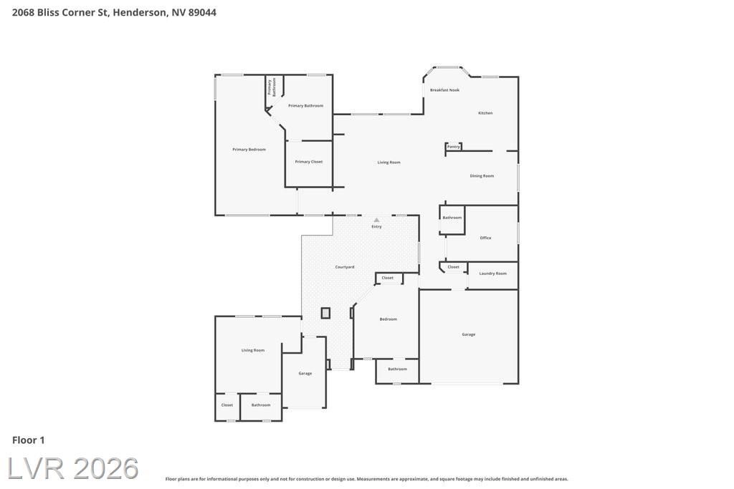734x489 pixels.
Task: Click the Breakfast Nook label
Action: pyautogui.click(x=444, y=89)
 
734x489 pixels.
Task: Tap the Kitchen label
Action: pyautogui.click(x=485, y=113)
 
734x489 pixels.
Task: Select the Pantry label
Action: pyautogui.click(x=453, y=147)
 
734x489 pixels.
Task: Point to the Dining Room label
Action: pyautogui.click(x=482, y=176)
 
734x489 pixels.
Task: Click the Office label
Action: pyautogui.click(x=485, y=238)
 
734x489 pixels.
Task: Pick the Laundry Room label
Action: pyautogui.click(x=493, y=273)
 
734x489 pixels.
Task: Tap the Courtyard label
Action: pyautogui.click(x=345, y=267)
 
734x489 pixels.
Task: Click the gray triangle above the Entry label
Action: pyautogui.click(x=377, y=220)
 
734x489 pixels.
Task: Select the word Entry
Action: pyautogui.click(x=377, y=227)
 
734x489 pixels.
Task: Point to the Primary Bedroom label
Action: pyautogui.click(x=249, y=150)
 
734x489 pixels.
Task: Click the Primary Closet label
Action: pyautogui.click(x=308, y=162)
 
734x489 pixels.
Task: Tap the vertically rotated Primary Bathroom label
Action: pyautogui.click(x=272, y=87)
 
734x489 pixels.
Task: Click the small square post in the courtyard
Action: pyautogui.click(x=326, y=313)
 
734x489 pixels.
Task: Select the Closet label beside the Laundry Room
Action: pyautogui.click(x=453, y=267)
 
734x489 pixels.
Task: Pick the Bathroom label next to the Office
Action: pyautogui.click(x=452, y=218)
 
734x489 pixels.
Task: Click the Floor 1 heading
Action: pyautogui.click(x=28, y=440)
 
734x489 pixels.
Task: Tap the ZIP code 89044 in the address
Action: pyautogui.click(x=202, y=13)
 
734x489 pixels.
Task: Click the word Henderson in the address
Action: pyautogui.click(x=140, y=13)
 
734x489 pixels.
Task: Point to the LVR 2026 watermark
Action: pyautogui.click(x=73, y=468)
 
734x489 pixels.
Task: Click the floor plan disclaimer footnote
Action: pyautogui.click(x=366, y=479)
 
